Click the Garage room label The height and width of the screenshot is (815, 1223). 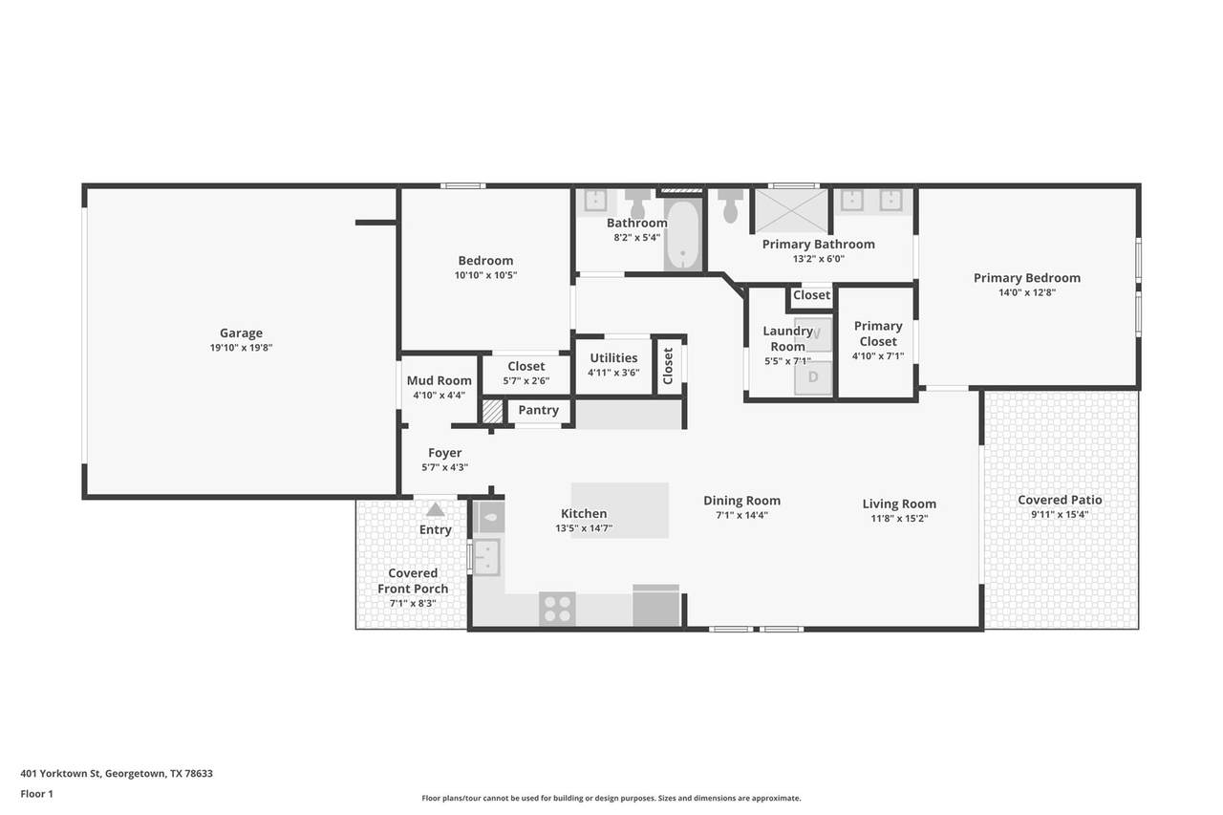241,332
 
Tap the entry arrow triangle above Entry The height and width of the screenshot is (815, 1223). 435,509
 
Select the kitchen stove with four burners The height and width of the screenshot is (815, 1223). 557,609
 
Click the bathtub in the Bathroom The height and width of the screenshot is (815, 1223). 682,235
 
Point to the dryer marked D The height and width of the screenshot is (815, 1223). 813,376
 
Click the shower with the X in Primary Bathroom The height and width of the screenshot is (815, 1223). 791,211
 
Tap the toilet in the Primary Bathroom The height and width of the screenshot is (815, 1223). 730,205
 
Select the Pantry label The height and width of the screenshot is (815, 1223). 538,410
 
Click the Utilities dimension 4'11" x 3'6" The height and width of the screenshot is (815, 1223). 613,373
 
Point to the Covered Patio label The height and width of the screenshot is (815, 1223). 1060,500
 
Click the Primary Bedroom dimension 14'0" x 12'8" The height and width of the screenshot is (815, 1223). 1027,292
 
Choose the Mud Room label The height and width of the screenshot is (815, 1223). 439,380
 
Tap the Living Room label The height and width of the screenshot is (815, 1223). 899,504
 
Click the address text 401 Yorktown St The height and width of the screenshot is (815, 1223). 60,774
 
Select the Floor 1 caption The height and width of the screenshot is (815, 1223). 36,794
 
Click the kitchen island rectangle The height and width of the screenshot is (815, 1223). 620,510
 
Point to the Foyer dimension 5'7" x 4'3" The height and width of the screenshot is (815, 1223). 445,467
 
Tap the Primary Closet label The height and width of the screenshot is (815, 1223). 878,333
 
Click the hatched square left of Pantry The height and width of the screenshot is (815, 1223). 492,411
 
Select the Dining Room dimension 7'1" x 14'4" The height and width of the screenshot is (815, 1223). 742,515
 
